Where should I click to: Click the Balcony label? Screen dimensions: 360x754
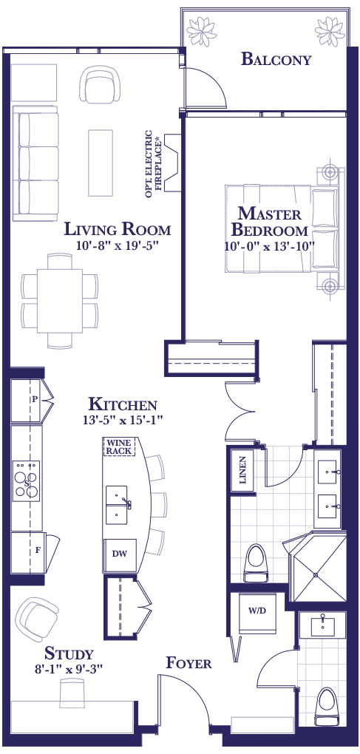(276, 59)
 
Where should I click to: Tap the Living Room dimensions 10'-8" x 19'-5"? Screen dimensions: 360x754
(118, 245)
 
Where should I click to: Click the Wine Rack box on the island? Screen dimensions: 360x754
(120, 446)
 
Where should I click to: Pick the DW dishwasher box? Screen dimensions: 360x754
(120, 554)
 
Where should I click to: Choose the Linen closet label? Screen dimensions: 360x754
(243, 470)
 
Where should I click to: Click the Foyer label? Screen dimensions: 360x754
(189, 663)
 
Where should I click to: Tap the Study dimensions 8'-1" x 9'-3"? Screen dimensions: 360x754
(68, 668)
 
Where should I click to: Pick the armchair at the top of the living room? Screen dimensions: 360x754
(101, 84)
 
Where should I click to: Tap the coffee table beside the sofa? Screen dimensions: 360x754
(101, 163)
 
